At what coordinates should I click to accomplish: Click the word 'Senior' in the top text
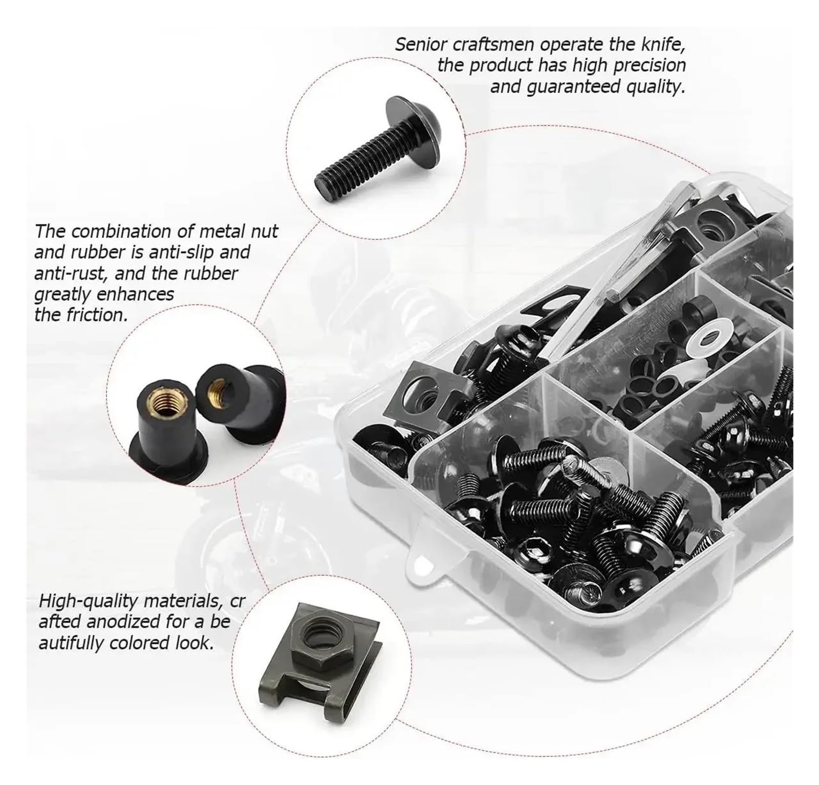tap(421, 45)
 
